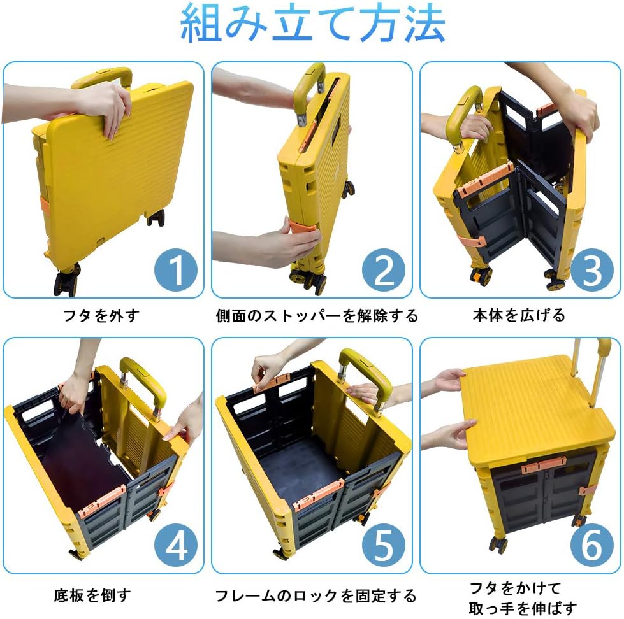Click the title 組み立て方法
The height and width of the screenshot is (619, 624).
(313, 23)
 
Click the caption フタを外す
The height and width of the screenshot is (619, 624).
(102, 315)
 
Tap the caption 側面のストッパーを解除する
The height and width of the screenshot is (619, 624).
(317, 316)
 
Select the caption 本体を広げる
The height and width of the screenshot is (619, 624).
(519, 315)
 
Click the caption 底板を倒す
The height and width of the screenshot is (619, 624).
(92, 595)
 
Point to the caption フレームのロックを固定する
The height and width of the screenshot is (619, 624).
(316, 595)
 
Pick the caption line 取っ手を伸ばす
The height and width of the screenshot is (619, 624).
(523, 608)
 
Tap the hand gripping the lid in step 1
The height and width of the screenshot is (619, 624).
(105, 108)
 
